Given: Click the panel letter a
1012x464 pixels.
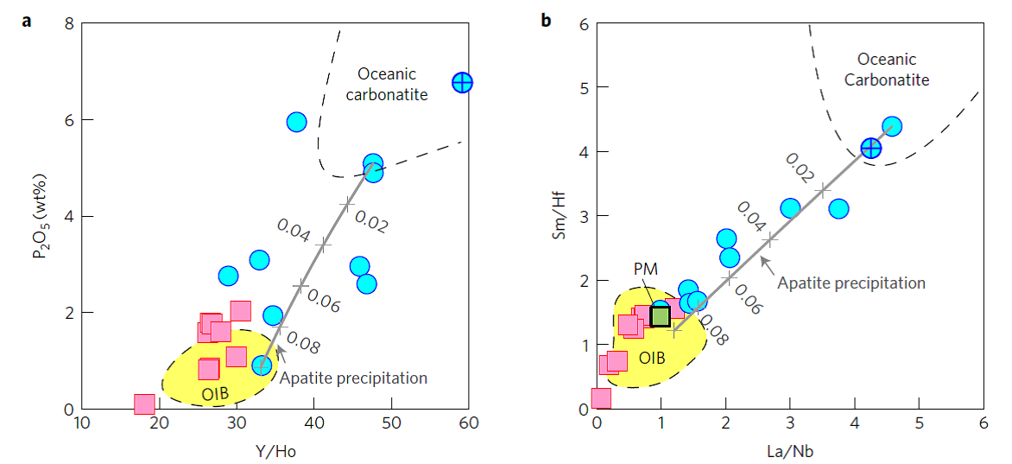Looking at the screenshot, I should tap(27, 20).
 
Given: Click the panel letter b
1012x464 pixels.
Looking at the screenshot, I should tap(546, 20).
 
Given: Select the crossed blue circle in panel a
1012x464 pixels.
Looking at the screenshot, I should tap(463, 83).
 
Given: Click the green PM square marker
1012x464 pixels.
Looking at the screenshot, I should tap(661, 316).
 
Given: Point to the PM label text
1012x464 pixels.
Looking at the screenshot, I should tap(645, 270).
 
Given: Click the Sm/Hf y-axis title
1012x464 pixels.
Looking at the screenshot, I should tap(560, 215).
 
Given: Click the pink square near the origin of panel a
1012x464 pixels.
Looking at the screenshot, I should tap(144, 404).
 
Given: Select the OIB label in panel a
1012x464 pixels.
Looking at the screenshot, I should tap(215, 394).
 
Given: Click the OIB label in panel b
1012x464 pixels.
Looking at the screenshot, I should tap(652, 357).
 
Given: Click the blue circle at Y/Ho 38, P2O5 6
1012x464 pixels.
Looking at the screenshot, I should tap(296, 123).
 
